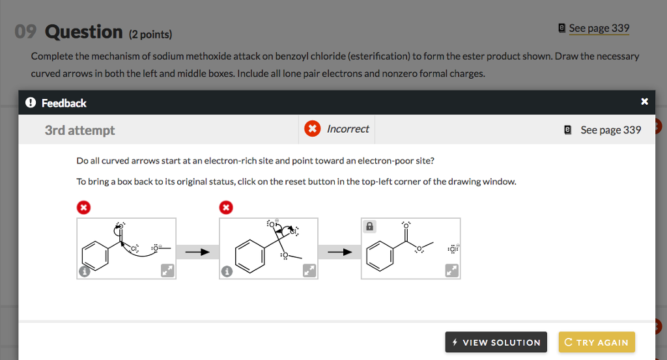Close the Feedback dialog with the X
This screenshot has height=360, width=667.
(x=644, y=102)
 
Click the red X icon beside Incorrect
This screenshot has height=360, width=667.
(x=313, y=129)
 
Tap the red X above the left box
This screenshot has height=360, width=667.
(x=83, y=208)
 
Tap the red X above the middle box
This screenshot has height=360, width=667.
(x=226, y=208)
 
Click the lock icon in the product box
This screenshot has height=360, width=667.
(x=370, y=227)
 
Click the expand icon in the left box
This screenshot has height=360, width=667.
(x=167, y=271)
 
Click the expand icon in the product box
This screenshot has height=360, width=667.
(x=451, y=271)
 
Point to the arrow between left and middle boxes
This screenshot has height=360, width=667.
(x=197, y=252)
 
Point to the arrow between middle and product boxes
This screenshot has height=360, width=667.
(x=339, y=252)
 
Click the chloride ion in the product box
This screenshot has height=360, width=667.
(x=452, y=249)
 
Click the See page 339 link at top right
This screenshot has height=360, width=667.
(x=599, y=28)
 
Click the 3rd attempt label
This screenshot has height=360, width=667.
(x=79, y=130)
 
